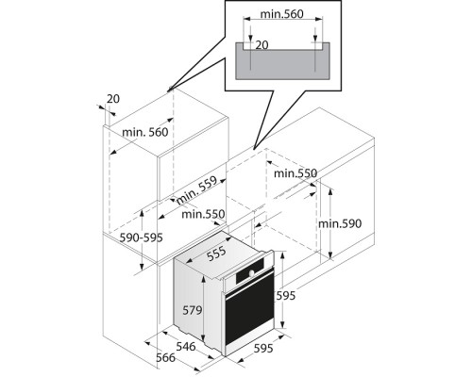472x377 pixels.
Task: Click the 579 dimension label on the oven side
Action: pos(193,310)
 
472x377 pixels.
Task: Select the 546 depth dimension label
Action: pos(186,346)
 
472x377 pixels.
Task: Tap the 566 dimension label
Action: pos(166,357)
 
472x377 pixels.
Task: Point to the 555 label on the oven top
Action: pos(216,254)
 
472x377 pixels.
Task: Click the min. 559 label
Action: pos(197,190)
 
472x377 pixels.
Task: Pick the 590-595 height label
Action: pos(142,238)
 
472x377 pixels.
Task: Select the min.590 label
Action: pos(340,223)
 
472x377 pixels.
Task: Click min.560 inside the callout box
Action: pos(282,14)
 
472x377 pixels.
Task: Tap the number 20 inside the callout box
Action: pos(261,45)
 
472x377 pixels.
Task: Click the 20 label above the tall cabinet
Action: pos(113,99)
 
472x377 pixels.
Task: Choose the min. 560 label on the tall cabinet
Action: pos(145,132)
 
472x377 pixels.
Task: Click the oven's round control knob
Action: pos(251,273)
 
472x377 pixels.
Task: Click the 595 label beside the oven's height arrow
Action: pos(286,296)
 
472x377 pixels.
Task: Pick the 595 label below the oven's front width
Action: pos(263,348)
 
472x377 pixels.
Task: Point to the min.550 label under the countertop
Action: pos(295,173)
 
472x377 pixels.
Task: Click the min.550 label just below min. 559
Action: pos(203,214)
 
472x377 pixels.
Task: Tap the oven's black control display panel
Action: pos(250,270)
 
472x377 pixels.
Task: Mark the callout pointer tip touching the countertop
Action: pos(254,149)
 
